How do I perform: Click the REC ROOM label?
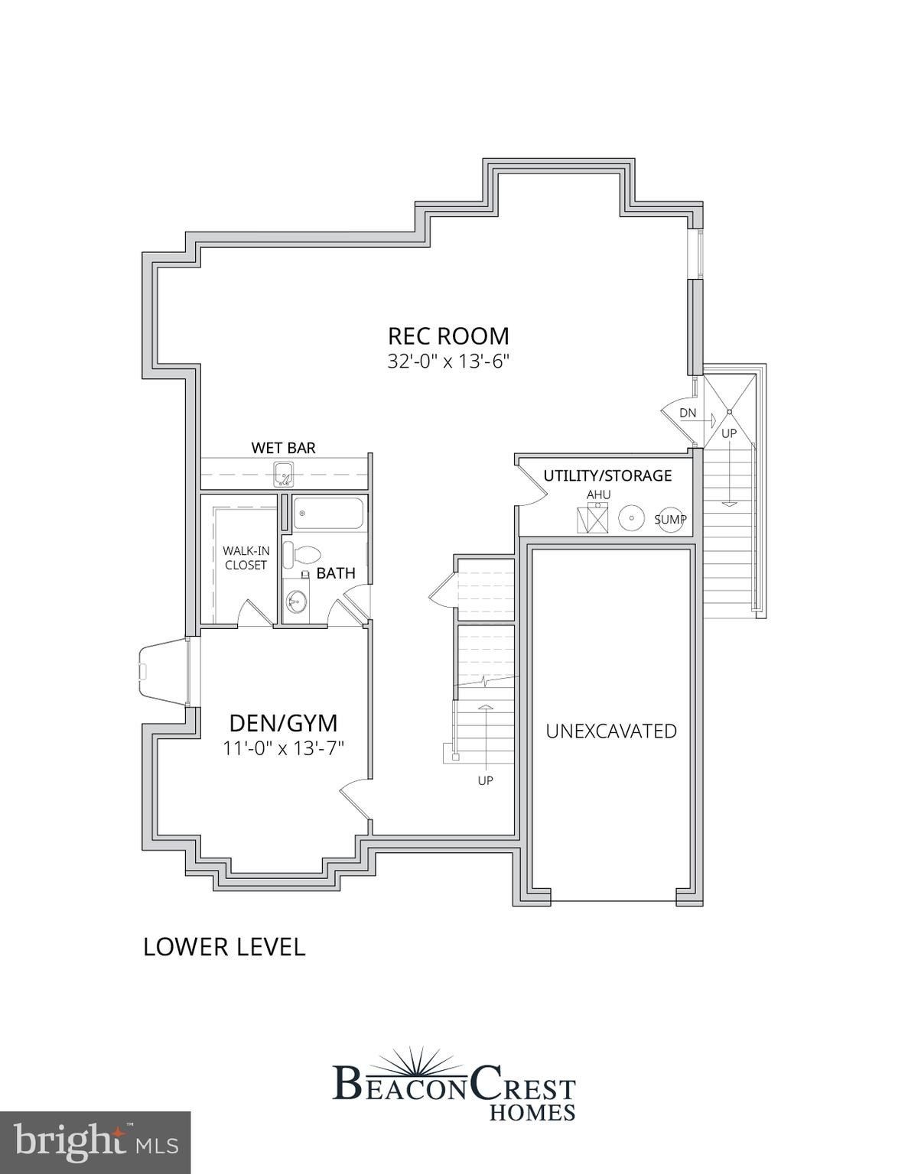pos(447,336)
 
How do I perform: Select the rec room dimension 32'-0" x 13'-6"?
pos(447,362)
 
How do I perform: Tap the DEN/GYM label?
pos(284,722)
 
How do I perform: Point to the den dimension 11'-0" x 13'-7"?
pos(284,748)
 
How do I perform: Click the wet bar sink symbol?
pos(284,474)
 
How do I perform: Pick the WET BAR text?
pos(284,447)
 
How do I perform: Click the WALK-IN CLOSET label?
pos(245,558)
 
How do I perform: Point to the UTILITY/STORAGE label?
pos(607,475)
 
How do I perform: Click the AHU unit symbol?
pos(592,520)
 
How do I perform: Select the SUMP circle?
pos(670,520)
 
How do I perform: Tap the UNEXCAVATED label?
pos(611,731)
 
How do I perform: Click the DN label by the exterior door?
pos(688,413)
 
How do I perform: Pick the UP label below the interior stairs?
pos(485,780)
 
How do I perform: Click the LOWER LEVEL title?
pos(224,946)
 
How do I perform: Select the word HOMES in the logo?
pos(532,1112)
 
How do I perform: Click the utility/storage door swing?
pos(532,483)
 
